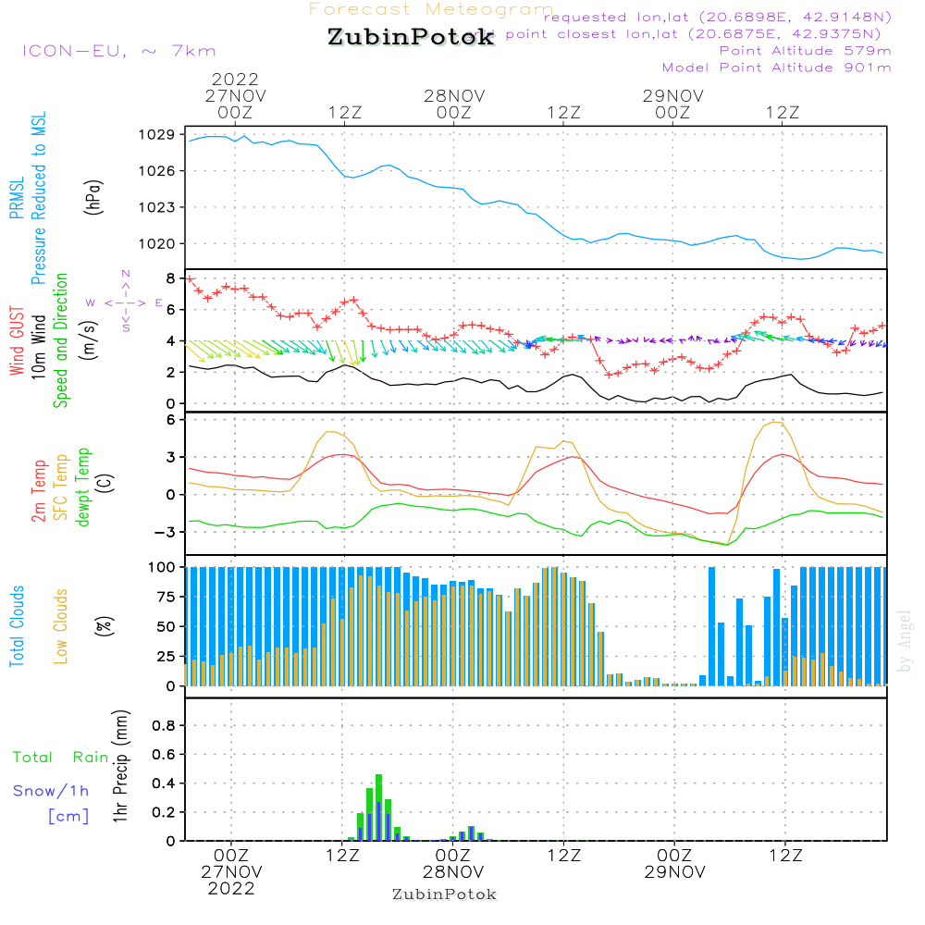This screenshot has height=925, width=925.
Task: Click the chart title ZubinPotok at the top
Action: point(411,38)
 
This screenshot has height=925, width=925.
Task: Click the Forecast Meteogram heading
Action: point(431,9)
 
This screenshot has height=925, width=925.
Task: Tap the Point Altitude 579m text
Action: point(805,51)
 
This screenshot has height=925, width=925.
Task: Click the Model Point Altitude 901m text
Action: point(776,68)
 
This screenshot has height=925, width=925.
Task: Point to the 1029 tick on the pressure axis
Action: point(159,135)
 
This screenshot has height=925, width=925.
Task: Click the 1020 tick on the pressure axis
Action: point(159,244)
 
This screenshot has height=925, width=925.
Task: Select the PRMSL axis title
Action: point(16,199)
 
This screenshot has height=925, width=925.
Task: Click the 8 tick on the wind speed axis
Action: point(169,278)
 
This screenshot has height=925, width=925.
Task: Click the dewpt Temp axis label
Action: point(83,488)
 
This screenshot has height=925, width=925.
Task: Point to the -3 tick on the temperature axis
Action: point(166,532)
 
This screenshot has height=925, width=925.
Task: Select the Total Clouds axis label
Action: point(16,626)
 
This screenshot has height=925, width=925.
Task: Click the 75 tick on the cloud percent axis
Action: point(164,597)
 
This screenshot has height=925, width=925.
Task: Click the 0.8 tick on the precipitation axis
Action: point(163,726)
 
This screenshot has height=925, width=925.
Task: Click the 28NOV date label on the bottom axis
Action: point(453,872)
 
